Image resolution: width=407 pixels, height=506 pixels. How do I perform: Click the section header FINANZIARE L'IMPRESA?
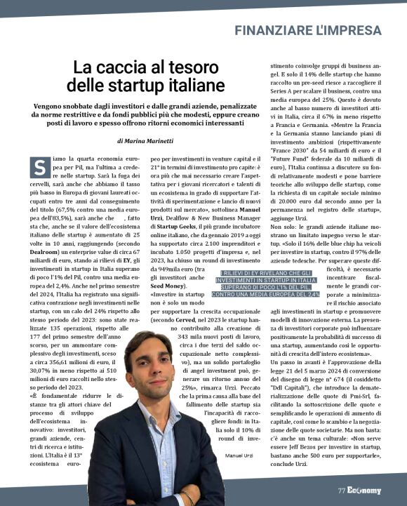308,30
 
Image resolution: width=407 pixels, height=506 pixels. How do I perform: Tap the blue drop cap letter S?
38,166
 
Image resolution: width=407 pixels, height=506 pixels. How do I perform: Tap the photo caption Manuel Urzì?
239,457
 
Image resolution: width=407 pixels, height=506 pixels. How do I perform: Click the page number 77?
341,490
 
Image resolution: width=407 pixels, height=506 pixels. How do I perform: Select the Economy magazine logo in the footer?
364,490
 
